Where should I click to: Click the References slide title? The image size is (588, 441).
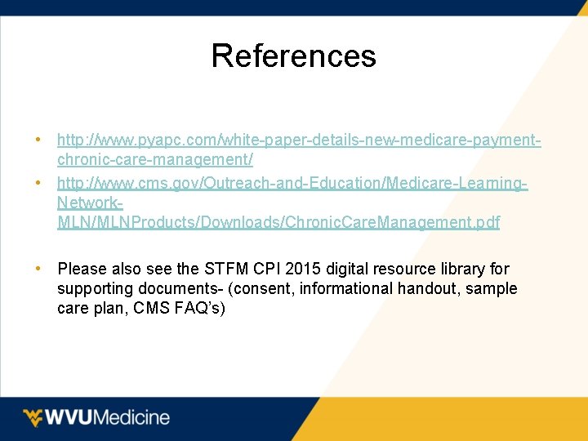(293, 56)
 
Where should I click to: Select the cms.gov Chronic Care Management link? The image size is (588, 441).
(278, 221)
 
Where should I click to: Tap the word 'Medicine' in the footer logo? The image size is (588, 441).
(131, 417)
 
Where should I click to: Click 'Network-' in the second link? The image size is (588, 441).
(90, 202)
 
